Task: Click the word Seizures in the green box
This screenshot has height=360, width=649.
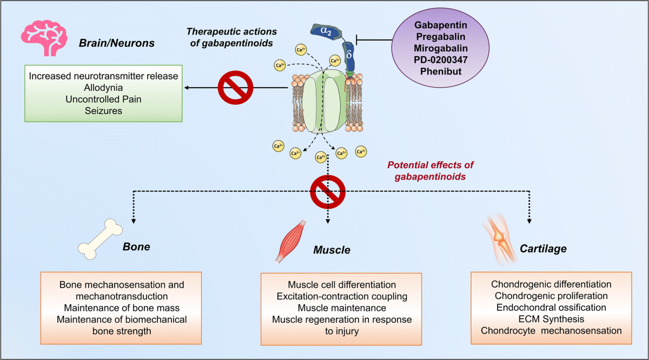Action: click(103, 110)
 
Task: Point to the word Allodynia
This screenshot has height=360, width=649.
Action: click(103, 88)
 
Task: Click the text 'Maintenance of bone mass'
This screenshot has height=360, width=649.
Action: click(122, 308)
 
